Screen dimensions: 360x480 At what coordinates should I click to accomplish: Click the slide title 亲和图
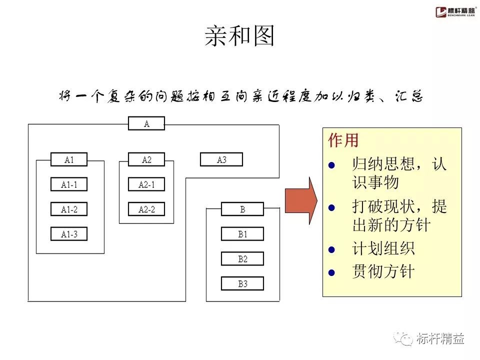240,36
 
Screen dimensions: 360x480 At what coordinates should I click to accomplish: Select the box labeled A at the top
146,123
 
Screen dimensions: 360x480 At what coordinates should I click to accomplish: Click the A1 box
69,159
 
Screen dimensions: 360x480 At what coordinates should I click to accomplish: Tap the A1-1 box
69,184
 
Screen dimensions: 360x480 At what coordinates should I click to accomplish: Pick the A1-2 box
69,209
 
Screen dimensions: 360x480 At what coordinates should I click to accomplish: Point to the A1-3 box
69,234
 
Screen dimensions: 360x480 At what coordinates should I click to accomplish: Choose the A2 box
146,159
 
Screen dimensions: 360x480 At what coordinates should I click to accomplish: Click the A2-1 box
146,184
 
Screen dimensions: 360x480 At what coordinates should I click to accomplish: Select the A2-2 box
146,209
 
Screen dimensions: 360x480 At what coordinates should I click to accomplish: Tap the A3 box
221,159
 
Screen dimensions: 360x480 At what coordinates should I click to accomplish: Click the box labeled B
242,209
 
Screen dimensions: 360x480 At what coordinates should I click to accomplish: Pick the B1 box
242,234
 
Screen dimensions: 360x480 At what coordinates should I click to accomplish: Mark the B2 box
242,259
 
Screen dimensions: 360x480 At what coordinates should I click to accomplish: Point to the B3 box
242,284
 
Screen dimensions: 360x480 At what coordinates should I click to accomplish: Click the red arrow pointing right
301,200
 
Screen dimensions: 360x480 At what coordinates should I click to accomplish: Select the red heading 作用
343,140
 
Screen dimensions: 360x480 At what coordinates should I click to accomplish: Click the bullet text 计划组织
383,248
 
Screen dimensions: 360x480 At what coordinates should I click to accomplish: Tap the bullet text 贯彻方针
383,271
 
